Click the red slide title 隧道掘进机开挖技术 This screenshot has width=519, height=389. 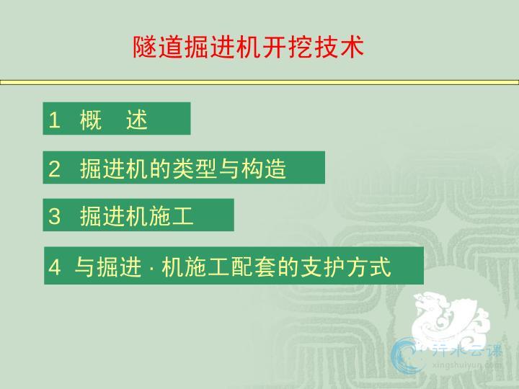click(248, 47)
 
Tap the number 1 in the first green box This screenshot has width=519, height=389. click(54, 120)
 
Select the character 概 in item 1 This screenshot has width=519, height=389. click(90, 120)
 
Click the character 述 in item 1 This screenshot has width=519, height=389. click(137, 120)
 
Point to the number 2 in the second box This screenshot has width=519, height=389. click(54, 169)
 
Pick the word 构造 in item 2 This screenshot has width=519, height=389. click(264, 169)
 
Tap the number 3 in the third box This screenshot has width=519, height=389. click(54, 216)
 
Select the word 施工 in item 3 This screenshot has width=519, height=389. click(171, 216)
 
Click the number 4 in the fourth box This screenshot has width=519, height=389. click(55, 267)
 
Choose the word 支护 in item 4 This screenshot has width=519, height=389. click(322, 267)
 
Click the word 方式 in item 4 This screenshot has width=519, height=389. click(369, 267)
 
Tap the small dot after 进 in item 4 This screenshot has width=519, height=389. click(151, 268)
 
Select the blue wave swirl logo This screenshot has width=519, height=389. click(407, 357)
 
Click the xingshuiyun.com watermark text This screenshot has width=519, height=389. click(467, 365)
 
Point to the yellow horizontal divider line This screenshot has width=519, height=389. click(259, 82)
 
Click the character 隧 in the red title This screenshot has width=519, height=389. click(145, 47)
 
